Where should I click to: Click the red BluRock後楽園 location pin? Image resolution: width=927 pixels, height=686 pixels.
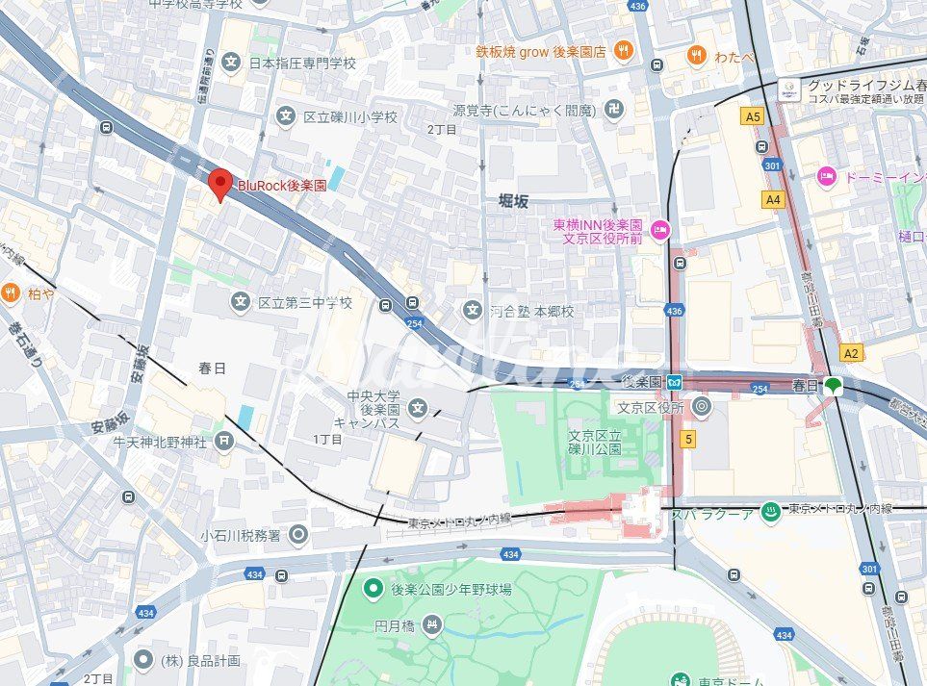221,183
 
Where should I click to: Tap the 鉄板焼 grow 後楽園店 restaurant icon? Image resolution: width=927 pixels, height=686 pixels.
624,51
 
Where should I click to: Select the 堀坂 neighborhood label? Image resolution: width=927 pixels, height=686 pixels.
513,201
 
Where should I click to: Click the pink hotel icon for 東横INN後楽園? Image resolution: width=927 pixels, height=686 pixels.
660,229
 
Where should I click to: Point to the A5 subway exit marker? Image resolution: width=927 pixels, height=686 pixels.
753,116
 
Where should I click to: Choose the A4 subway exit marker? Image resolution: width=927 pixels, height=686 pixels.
772,199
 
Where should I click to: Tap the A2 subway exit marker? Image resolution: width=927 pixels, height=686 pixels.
851,353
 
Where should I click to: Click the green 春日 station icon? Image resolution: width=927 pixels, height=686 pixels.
833,386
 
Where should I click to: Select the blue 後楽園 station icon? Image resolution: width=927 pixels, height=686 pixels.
676,382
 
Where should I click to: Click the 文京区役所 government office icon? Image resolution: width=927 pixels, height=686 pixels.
701,406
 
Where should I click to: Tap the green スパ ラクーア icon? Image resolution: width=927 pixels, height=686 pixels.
769,509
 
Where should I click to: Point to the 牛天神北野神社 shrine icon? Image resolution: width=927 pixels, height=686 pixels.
224,442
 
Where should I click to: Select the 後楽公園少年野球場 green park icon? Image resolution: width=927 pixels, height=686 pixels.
373,587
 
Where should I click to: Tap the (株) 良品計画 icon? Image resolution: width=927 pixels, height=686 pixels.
143,660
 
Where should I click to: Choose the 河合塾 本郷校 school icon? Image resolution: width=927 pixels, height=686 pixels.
472,310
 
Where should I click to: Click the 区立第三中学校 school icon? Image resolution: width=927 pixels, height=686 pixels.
240,303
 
